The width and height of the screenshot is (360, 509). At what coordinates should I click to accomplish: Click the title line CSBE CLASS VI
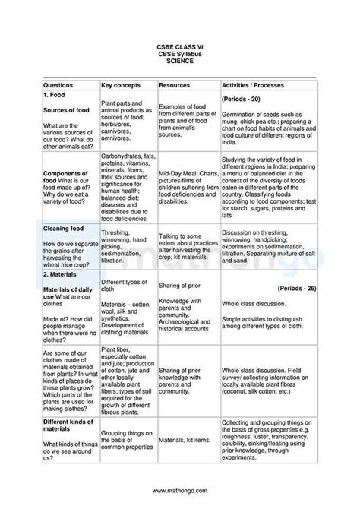pos(180,47)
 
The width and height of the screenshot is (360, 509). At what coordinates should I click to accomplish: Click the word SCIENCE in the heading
pos(180,61)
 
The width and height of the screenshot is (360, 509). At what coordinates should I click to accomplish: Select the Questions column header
pos(58,86)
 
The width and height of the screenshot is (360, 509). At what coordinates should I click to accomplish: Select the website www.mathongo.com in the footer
pos(180,491)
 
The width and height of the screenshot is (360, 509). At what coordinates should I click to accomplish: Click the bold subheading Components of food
pos(68,177)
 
